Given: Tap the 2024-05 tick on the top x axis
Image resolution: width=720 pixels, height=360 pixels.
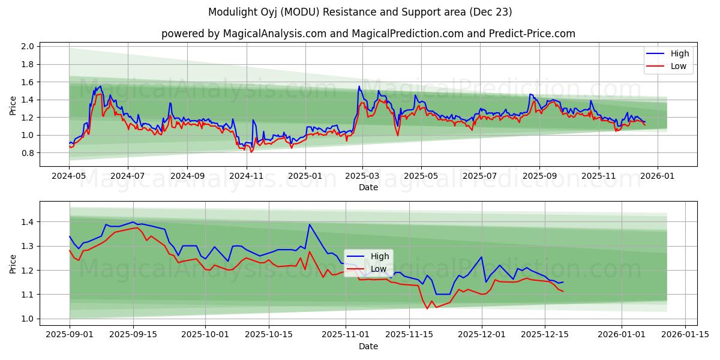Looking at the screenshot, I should [x=70, y=176].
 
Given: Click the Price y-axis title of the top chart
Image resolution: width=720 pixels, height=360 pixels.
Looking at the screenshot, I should [x=13, y=106].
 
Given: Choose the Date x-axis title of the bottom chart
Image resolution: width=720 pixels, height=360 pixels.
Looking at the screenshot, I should [x=368, y=347].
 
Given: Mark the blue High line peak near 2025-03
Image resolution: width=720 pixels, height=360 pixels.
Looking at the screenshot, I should [x=359, y=86].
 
